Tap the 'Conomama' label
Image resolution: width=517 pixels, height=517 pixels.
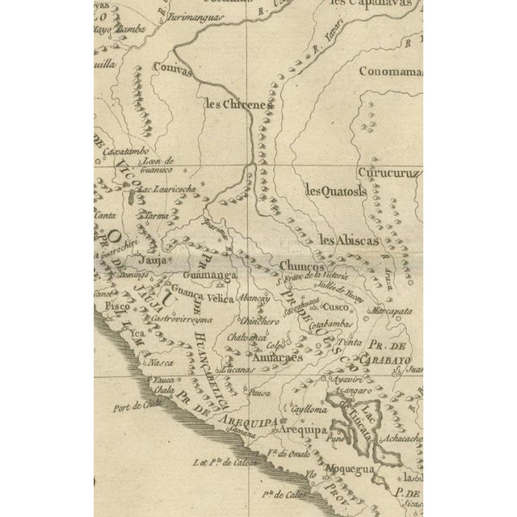[390, 71]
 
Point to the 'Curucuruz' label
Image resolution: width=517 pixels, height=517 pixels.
[389, 173]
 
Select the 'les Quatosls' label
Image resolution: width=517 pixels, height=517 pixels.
[335, 191]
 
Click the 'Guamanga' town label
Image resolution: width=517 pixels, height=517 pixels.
[211, 275]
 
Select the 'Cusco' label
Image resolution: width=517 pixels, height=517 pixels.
[334, 308]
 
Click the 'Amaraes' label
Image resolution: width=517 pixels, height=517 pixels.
[277, 356]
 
